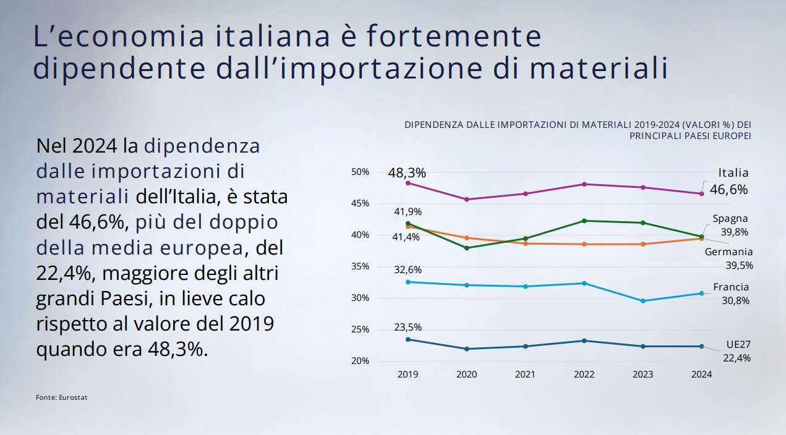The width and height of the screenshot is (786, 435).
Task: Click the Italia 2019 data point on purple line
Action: pos(408,183)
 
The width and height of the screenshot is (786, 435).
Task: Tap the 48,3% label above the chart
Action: pos(407,173)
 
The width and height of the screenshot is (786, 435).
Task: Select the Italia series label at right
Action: pos(733,173)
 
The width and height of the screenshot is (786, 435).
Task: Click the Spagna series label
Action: pos(730,219)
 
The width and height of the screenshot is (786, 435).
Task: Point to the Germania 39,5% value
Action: pos(738,266)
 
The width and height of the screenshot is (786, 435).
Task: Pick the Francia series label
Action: pos(730,287)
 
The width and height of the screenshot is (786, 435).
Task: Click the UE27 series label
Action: pos(738,344)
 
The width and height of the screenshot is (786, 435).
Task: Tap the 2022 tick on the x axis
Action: pos(584,374)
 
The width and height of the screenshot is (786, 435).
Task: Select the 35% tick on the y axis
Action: pos(360,266)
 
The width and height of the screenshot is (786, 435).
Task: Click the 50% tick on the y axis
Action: pos(360,172)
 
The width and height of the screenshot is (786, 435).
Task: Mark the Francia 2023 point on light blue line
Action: pos(643,301)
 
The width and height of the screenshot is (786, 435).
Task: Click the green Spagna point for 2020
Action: pos(466,248)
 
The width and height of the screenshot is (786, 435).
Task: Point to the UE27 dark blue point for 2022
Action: pos(584,340)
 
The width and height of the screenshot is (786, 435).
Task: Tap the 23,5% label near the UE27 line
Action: pos(408,327)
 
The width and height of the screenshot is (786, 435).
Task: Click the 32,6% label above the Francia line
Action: pos(408,269)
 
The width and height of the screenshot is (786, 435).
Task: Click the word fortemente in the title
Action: pos(454,37)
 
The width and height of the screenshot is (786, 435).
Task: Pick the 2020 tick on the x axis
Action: pos(466,374)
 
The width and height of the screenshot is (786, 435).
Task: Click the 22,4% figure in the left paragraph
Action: pos(60,272)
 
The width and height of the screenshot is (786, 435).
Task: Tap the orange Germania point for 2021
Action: pos(525,243)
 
